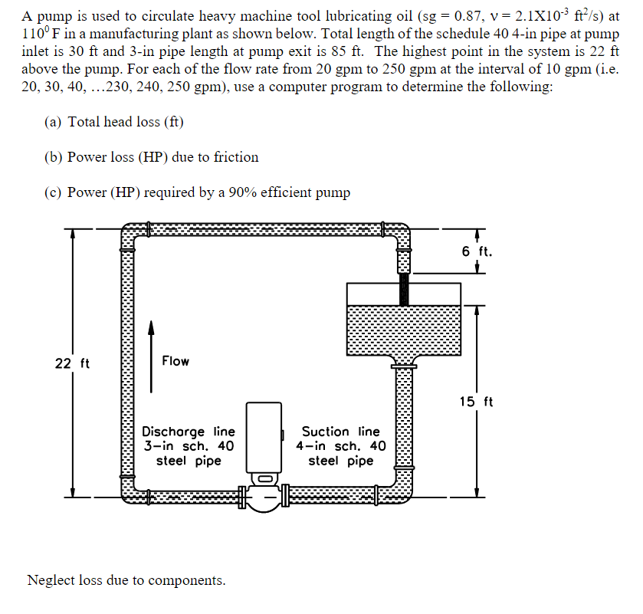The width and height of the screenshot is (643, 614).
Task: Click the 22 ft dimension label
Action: (x=72, y=363)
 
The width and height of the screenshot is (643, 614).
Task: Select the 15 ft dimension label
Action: (x=477, y=402)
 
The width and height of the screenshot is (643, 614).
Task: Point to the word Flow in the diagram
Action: (x=176, y=361)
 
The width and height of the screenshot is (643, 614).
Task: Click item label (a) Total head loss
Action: (x=115, y=122)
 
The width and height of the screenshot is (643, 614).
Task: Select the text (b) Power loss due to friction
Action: (x=153, y=157)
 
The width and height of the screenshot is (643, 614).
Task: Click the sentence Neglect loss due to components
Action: (x=126, y=580)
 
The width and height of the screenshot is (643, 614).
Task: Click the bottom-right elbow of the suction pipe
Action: (x=402, y=492)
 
